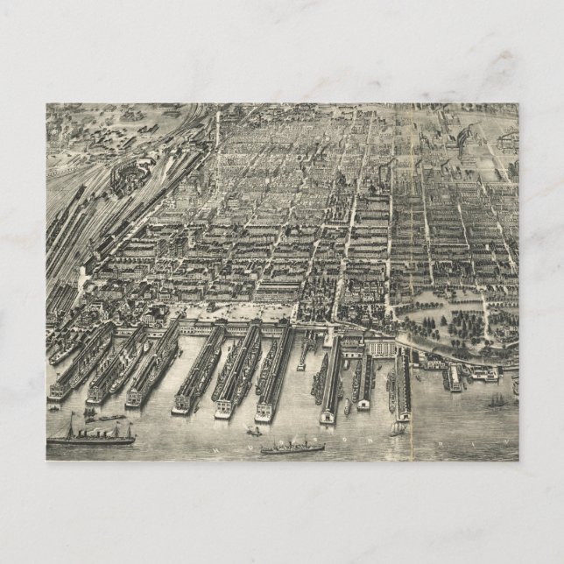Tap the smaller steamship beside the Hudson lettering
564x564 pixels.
(293, 448)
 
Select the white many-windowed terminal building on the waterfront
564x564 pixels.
(383, 348)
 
